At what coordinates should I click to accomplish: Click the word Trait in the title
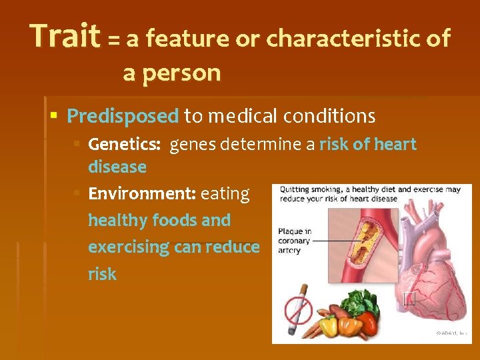[x=65, y=37]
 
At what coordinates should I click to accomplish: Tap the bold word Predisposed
[x=123, y=117]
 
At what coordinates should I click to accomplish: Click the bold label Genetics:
[x=126, y=145]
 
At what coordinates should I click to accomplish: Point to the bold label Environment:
[x=141, y=194]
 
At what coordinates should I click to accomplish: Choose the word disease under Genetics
[x=117, y=167]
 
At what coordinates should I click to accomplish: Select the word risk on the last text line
[x=102, y=274]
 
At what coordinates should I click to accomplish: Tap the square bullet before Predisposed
[x=55, y=117]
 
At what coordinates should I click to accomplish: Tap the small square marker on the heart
[x=409, y=298]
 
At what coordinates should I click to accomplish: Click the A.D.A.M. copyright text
[x=451, y=333]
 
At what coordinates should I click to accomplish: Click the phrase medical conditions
[x=291, y=117]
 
